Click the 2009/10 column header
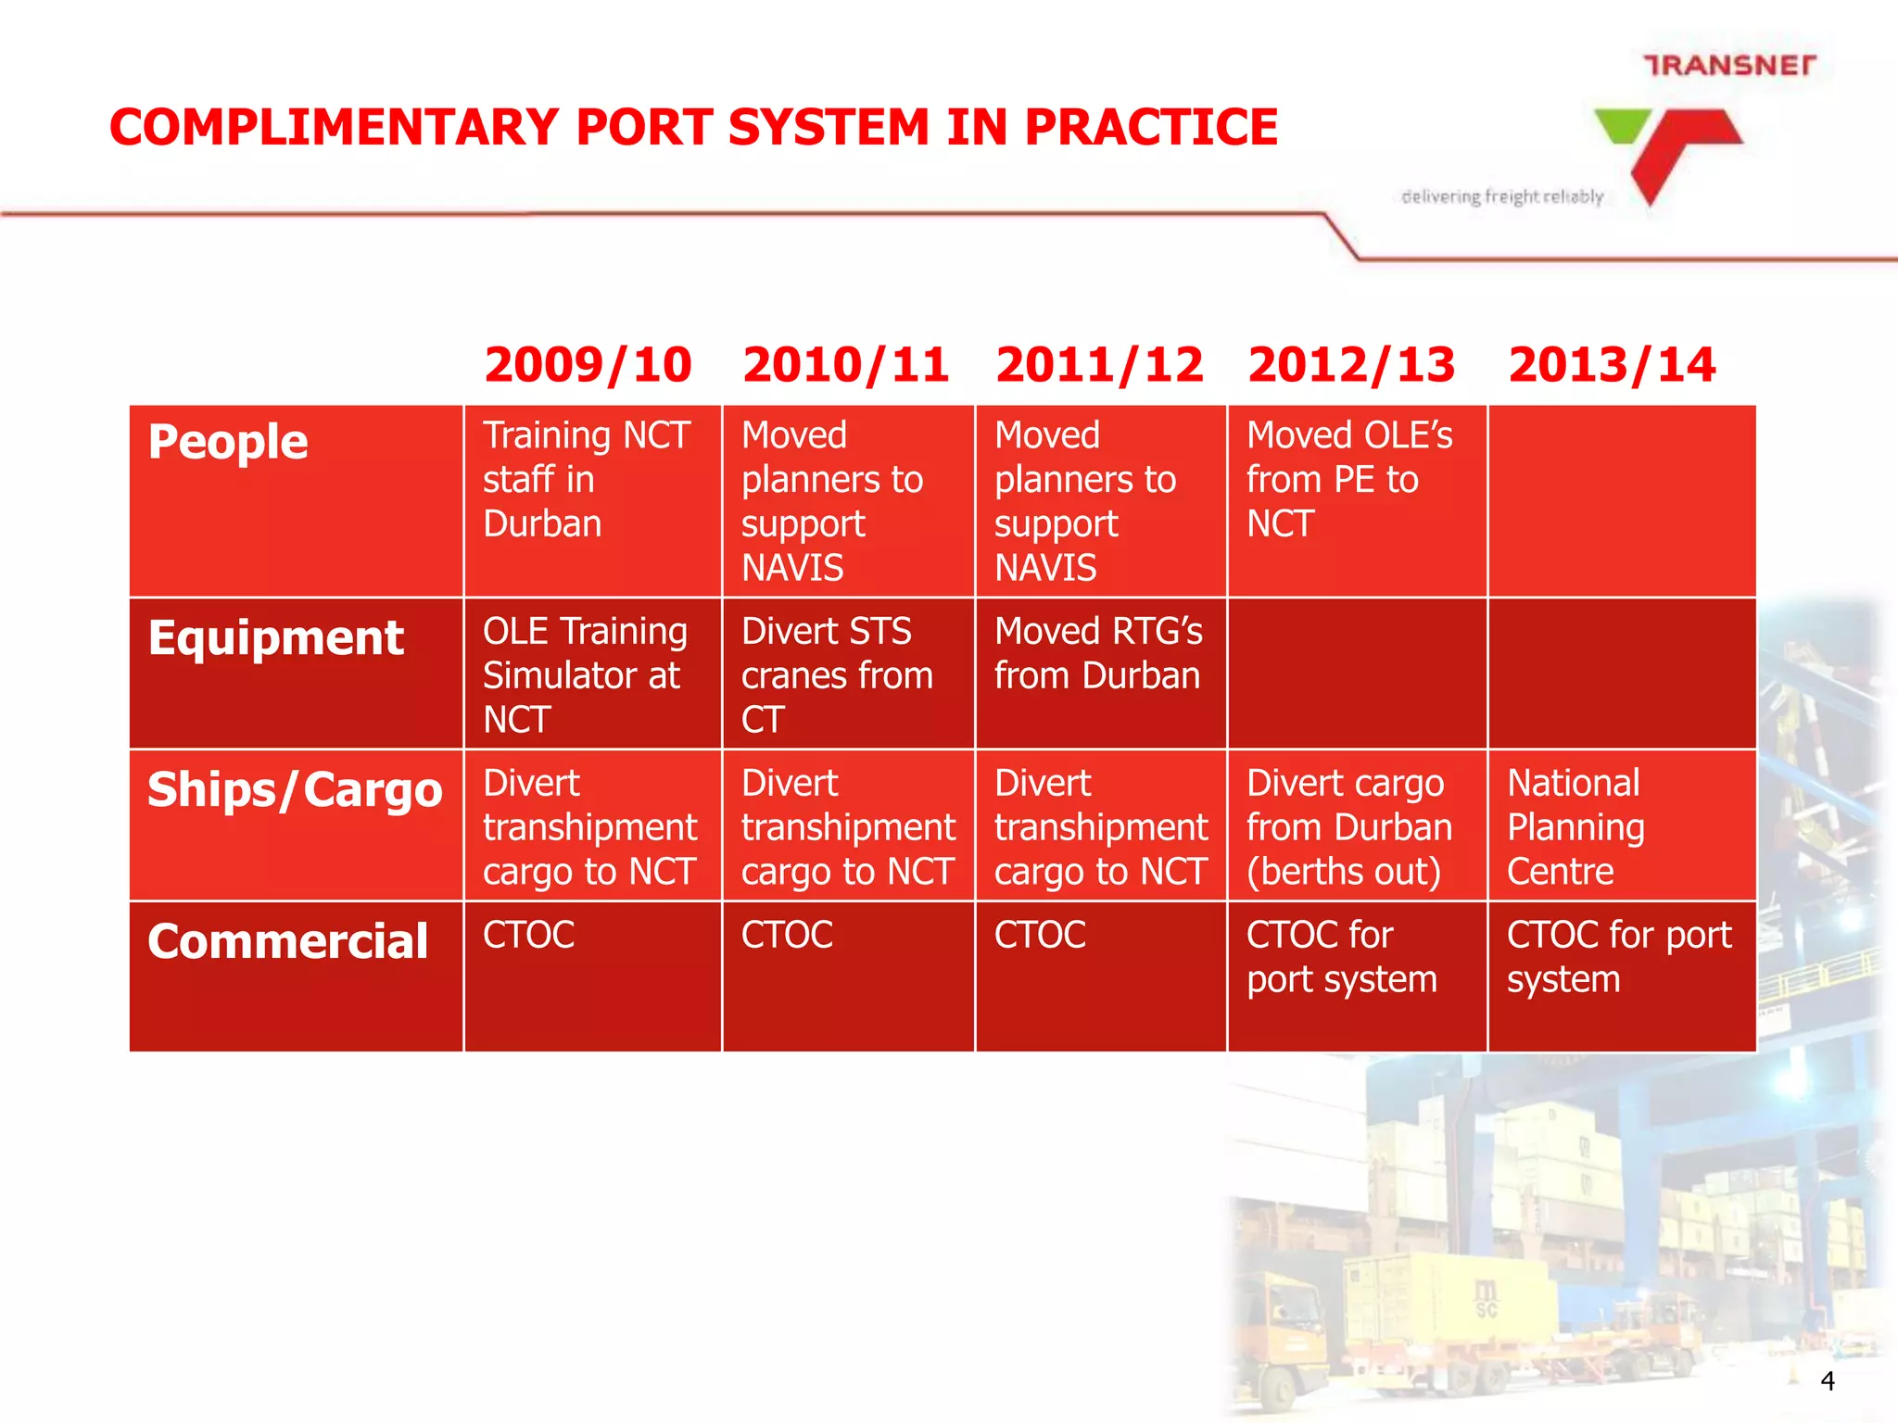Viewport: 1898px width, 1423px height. [588, 365]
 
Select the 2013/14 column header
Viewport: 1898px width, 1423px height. [1612, 365]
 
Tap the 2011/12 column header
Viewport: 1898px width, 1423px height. [1099, 365]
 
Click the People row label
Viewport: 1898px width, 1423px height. [228, 442]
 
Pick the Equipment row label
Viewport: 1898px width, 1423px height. [275, 638]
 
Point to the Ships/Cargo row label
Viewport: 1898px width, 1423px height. [295, 790]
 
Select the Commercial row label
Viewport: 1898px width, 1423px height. [287, 942]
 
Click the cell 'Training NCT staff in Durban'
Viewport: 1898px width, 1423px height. [586, 480]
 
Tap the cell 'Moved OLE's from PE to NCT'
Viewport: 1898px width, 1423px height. [1348, 480]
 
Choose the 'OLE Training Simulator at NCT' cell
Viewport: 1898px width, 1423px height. [585, 675]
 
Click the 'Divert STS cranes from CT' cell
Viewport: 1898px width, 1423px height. [836, 675]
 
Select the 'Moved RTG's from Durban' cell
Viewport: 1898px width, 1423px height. [1098, 654]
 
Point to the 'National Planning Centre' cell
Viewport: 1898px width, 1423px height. [1575, 827]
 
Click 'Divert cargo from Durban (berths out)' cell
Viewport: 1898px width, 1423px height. [1348, 827]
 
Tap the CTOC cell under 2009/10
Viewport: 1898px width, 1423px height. [529, 935]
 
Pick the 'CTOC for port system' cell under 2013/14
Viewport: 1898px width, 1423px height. [1618, 957]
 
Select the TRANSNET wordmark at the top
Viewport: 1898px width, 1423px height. [1729, 66]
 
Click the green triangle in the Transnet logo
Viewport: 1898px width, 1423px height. [1622, 126]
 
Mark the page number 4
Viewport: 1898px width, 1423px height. [1828, 1381]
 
